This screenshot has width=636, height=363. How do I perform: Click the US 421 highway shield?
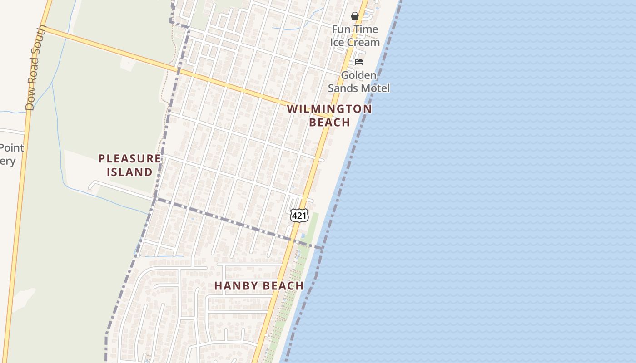[x=299, y=216]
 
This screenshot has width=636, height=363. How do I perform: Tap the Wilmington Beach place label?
[x=329, y=115]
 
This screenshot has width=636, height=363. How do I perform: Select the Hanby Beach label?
[x=259, y=286]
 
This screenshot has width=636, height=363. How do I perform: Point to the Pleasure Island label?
[x=130, y=165]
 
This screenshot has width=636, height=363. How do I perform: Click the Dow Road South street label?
[x=36, y=68]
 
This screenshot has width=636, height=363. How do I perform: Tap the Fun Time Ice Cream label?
[x=355, y=36]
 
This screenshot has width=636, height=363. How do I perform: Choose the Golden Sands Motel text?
[x=359, y=82]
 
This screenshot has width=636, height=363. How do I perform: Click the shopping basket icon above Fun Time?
[x=355, y=16]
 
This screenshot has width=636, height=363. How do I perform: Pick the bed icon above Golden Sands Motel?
[x=359, y=62]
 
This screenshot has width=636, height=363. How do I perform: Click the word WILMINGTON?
[x=329, y=109]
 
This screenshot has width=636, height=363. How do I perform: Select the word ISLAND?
[x=130, y=172]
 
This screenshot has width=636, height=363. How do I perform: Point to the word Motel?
[x=375, y=88]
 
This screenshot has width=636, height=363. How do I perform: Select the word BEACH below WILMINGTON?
[x=329, y=122]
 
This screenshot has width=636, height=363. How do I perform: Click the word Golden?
[x=359, y=75]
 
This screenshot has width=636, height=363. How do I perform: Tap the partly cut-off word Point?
[x=12, y=148]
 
